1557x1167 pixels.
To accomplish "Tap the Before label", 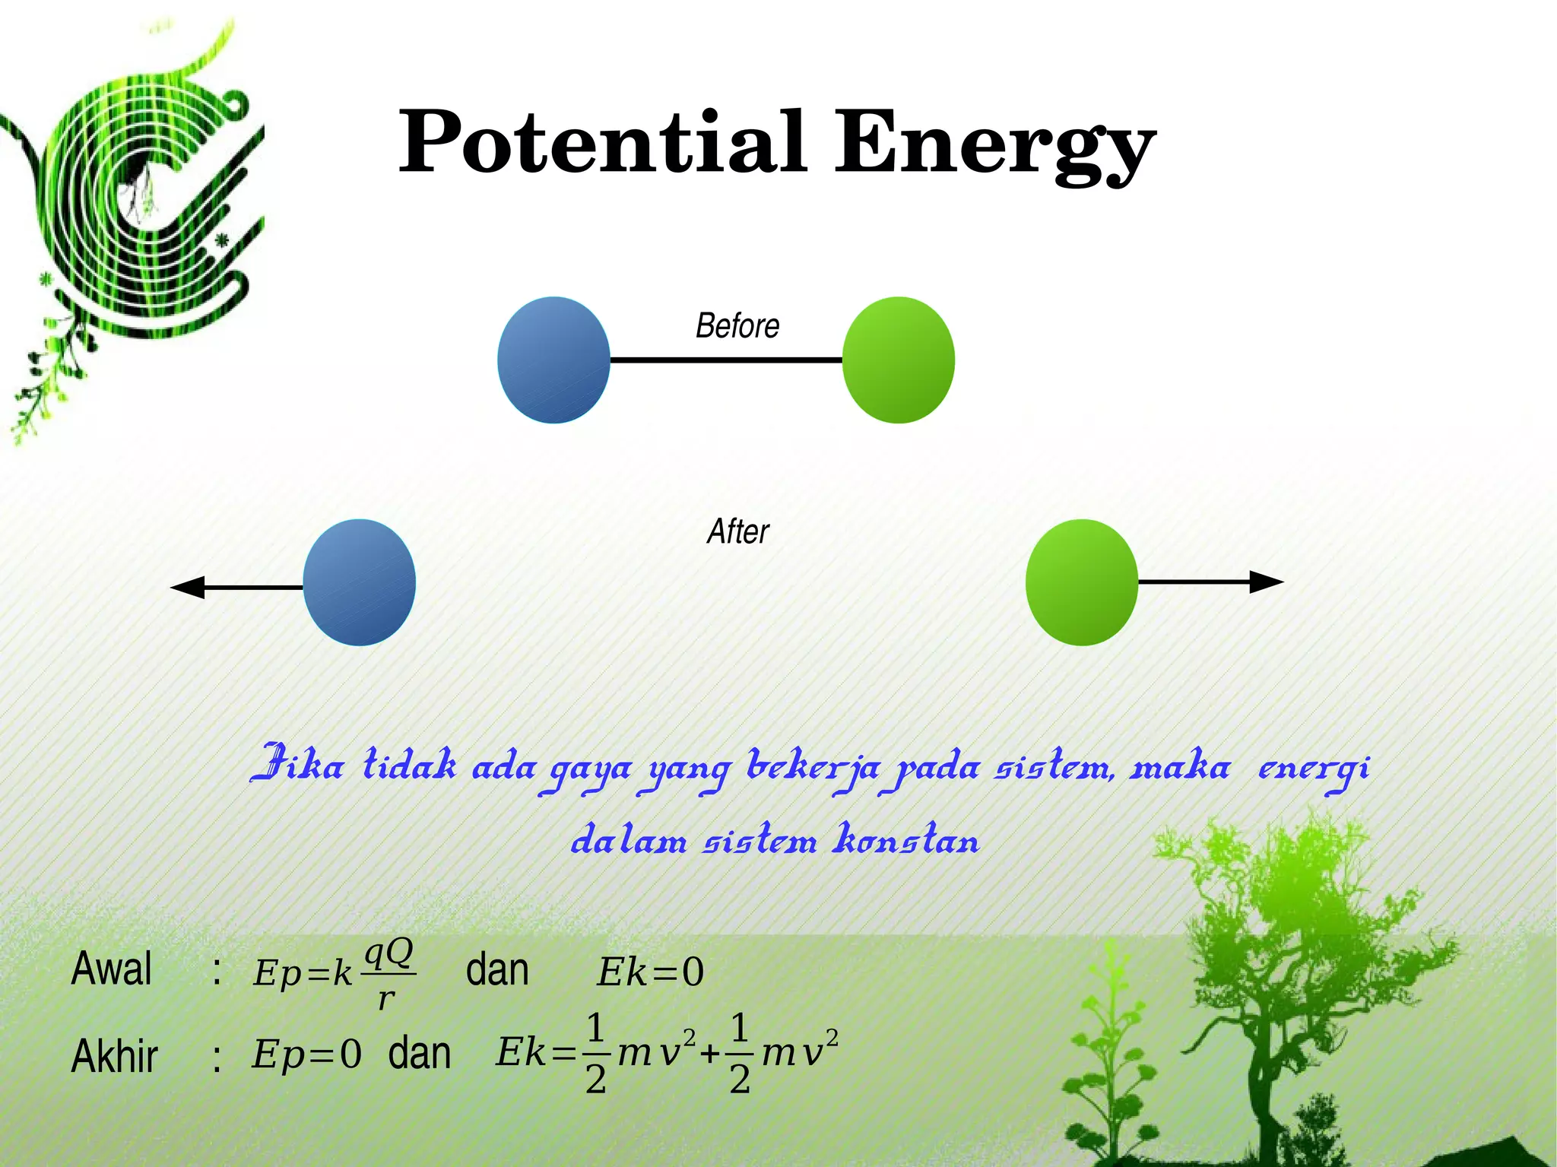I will [737, 326].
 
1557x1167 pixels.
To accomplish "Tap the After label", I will [737, 531].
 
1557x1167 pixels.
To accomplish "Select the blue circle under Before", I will [553, 360].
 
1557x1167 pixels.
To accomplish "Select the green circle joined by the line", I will [898, 360].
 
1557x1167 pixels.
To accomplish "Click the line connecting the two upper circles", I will [726, 360].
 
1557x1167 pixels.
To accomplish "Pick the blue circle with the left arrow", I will [359, 582].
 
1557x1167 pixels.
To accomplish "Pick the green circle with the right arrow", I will [1081, 582].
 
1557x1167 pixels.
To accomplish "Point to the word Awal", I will [112, 969].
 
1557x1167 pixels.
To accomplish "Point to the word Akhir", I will [114, 1056].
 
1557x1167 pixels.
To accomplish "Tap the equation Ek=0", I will [651, 972].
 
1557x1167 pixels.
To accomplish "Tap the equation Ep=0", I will [306, 1054].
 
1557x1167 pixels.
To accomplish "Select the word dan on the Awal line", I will [497, 970].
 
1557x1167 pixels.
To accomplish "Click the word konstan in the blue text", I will [906, 840].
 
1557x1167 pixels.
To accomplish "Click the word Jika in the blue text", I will [296, 765].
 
